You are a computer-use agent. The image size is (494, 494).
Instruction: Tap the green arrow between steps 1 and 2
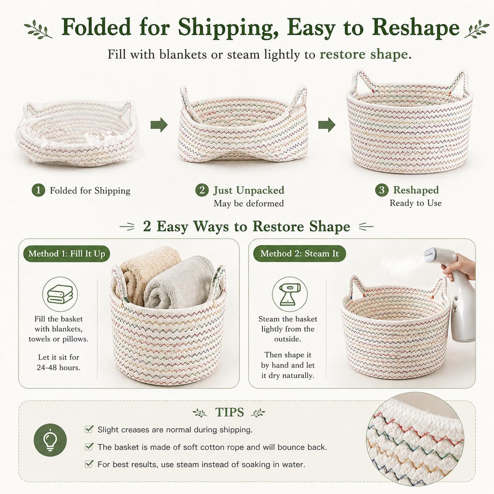point(159,124)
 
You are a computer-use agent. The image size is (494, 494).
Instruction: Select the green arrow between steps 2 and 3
point(327,125)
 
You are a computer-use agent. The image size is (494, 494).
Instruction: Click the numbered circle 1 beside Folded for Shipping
point(39,190)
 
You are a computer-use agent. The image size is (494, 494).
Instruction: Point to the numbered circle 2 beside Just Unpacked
point(202,190)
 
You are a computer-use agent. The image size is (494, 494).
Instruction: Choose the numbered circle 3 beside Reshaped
point(382,190)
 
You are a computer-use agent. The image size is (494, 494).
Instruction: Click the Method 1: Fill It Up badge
point(67,254)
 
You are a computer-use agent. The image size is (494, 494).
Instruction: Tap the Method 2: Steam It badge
point(299,254)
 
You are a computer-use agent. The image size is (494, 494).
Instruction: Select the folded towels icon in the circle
point(60,294)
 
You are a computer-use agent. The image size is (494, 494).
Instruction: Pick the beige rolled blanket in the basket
point(146,272)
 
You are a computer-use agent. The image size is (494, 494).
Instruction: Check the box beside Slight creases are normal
point(89,429)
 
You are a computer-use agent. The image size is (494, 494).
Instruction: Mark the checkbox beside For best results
point(89,464)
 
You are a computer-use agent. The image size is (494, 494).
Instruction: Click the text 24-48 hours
point(58,368)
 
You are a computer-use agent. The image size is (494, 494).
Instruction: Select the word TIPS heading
point(229,412)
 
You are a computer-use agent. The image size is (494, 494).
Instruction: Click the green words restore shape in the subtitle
point(364,54)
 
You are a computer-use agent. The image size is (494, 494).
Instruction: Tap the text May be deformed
point(249,203)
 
